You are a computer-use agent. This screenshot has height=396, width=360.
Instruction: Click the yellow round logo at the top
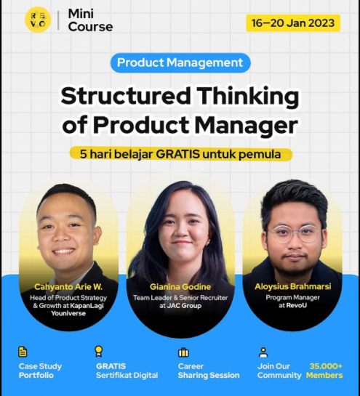38,20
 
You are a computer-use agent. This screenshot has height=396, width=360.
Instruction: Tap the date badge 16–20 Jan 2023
293,23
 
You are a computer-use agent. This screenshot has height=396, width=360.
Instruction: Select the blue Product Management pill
180,62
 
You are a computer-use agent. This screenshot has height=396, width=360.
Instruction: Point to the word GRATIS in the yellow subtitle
177,154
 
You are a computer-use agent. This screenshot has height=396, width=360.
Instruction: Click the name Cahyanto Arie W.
68,287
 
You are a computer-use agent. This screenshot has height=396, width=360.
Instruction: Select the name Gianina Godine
180,287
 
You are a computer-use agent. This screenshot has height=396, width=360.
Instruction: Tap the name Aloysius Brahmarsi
293,286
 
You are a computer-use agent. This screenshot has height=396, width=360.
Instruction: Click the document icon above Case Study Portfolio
23,352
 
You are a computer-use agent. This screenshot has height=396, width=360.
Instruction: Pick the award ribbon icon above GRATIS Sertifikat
99,351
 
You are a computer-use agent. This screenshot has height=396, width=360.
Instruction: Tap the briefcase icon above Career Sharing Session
183,352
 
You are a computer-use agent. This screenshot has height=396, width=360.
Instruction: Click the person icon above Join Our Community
263,352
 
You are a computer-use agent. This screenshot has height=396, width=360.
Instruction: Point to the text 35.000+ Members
324,371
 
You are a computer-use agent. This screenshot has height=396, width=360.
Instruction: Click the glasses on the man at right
293,234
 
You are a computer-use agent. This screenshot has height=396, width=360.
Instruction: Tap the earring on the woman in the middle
208,243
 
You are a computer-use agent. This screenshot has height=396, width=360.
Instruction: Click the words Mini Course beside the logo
90,20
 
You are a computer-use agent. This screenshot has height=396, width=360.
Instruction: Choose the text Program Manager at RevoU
293,302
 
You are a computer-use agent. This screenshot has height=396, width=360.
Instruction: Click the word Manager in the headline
247,126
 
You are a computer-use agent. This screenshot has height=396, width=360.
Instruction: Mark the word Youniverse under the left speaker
68,313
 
